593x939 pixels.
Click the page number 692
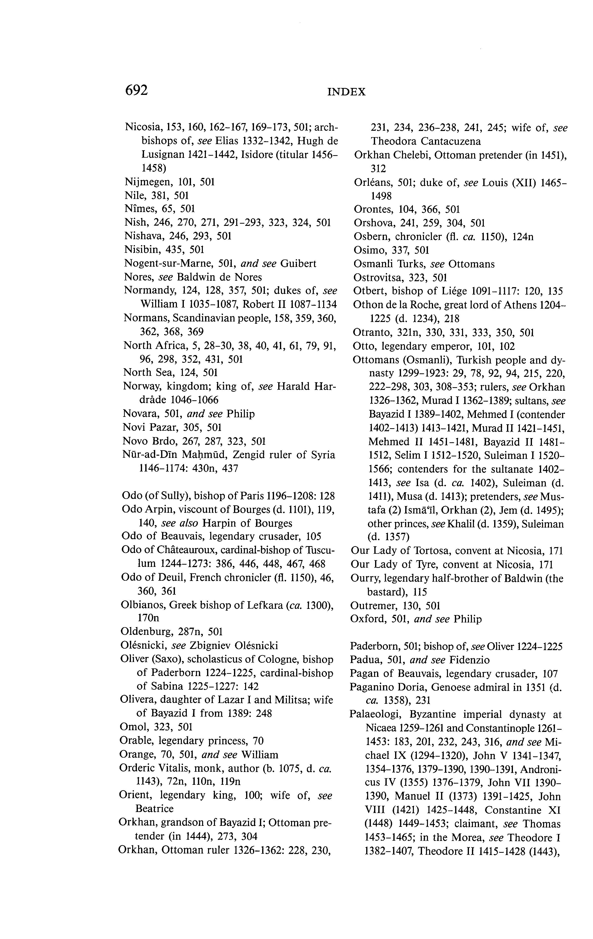136,90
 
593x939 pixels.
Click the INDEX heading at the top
346,92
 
